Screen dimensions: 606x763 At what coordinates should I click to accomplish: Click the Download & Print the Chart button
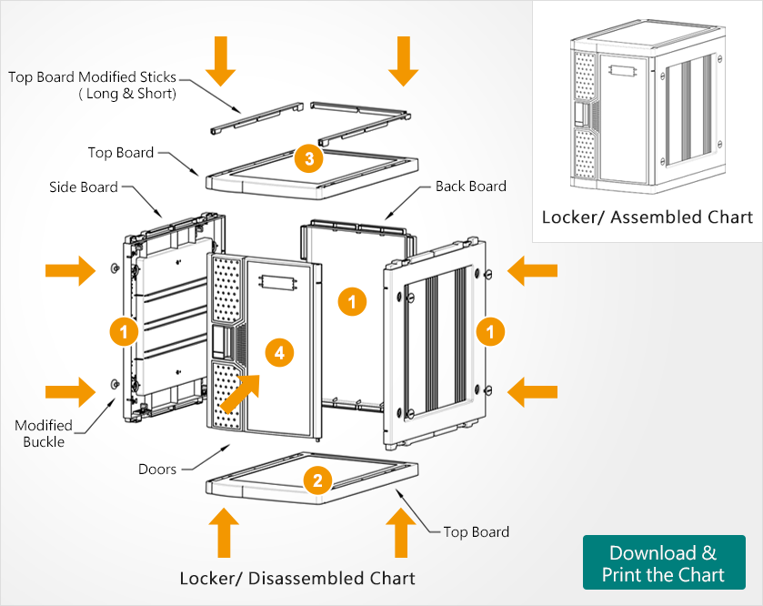pyautogui.click(x=663, y=563)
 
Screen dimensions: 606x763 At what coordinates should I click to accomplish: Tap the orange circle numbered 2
pyautogui.click(x=316, y=480)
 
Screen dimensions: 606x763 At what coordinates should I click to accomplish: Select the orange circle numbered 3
pyautogui.click(x=309, y=159)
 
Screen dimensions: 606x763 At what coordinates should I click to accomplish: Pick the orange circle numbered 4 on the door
pyautogui.click(x=279, y=352)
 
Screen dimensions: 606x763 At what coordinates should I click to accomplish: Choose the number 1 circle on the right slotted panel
pyautogui.click(x=490, y=331)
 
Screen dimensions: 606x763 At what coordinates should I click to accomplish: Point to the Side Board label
pyautogui.click(x=84, y=187)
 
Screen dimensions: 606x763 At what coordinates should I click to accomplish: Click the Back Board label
pyautogui.click(x=470, y=186)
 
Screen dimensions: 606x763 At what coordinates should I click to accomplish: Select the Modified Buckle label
pyautogui.click(x=44, y=433)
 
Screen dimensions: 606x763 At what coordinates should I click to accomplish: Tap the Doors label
pyautogui.click(x=157, y=470)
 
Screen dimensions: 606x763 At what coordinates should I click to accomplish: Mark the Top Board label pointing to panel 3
pyautogui.click(x=121, y=152)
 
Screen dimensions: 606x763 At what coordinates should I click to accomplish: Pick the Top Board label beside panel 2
pyautogui.click(x=476, y=531)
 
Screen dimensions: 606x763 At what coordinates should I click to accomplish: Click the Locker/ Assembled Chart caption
pyautogui.click(x=647, y=217)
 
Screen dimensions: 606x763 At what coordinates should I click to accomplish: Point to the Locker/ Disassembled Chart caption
pyautogui.click(x=297, y=578)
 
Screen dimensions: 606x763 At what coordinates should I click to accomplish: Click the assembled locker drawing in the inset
pyautogui.click(x=647, y=108)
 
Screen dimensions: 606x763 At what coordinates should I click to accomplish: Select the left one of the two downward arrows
pyautogui.click(x=221, y=61)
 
